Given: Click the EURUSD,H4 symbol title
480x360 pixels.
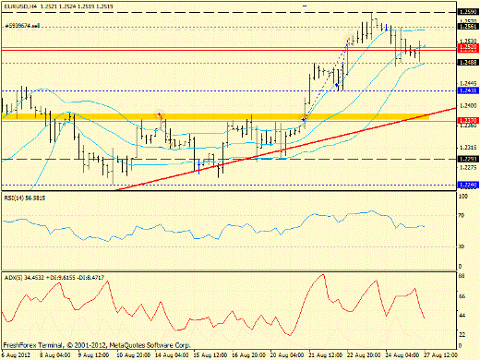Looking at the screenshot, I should click(20, 6).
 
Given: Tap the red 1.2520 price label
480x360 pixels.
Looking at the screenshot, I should click(468, 47).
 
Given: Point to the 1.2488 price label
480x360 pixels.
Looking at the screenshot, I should click(468, 63).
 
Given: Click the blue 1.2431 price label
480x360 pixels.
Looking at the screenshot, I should click(468, 90).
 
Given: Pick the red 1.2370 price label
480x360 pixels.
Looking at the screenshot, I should click(468, 120).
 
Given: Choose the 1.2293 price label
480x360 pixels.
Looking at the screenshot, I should click(468, 158).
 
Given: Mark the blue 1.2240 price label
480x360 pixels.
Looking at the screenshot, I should click(468, 185).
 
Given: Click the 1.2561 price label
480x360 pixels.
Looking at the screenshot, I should click(468, 28).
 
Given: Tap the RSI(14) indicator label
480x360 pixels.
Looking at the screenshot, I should click(27, 197).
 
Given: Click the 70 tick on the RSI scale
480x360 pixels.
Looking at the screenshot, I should click(462, 214).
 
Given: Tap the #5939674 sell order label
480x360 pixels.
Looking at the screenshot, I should click(24, 26).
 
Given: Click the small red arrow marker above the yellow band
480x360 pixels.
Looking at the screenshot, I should click(162, 114).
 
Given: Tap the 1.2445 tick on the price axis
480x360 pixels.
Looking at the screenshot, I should click(468, 82).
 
